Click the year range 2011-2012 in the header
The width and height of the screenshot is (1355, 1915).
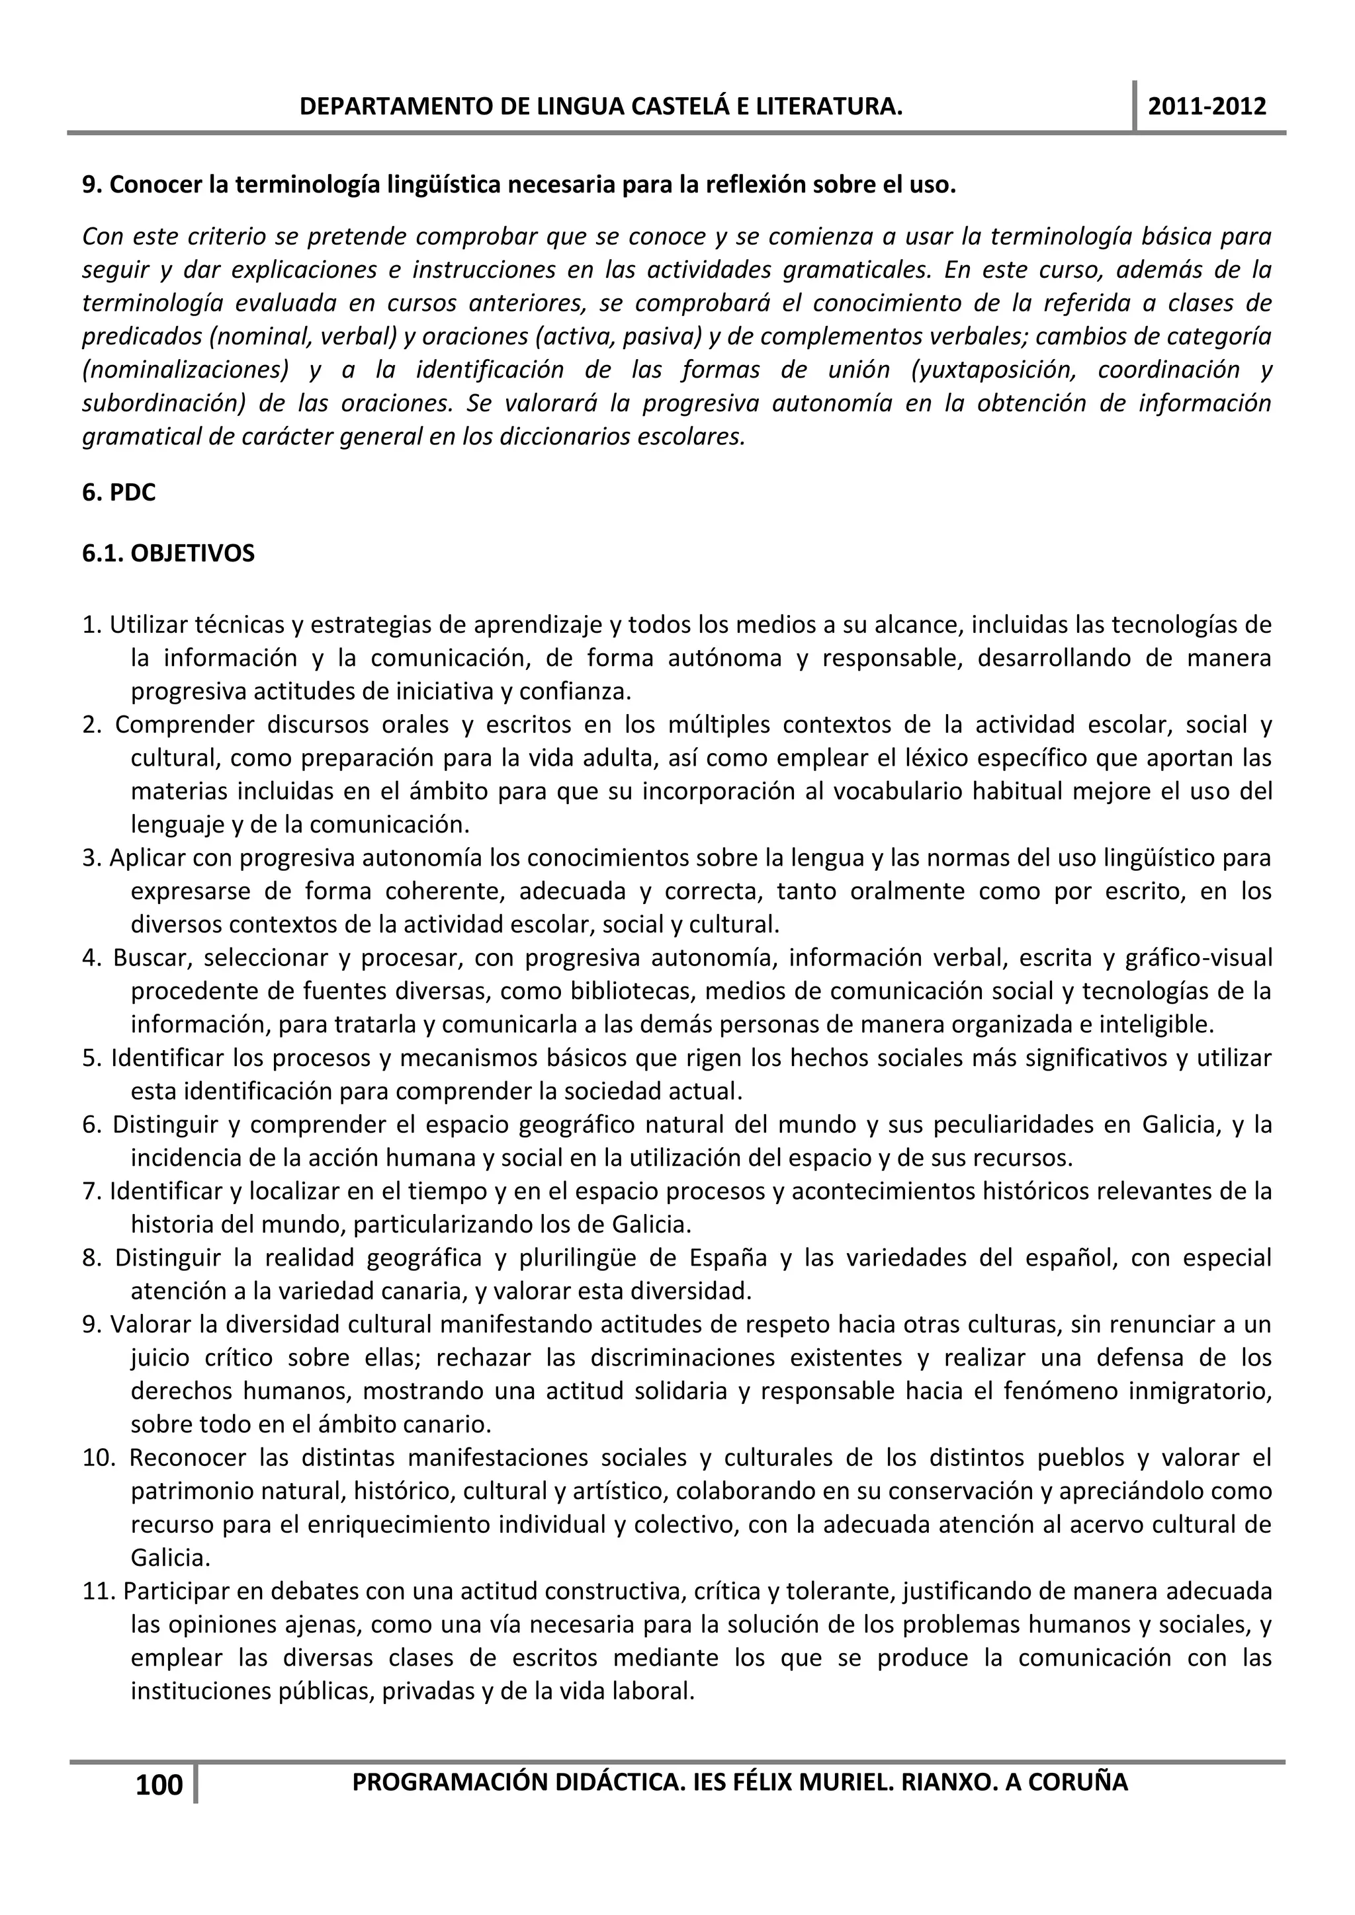[1207, 106]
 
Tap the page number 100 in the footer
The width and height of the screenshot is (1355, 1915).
[159, 1785]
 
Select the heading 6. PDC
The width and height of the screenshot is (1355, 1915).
[118, 493]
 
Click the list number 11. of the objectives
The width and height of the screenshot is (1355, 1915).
[100, 1592]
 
